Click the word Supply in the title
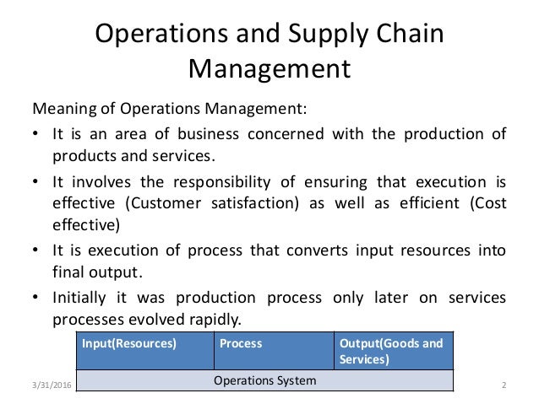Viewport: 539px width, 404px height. point(324,36)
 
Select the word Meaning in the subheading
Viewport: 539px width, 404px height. point(62,110)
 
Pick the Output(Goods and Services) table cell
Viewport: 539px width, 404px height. point(392,352)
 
